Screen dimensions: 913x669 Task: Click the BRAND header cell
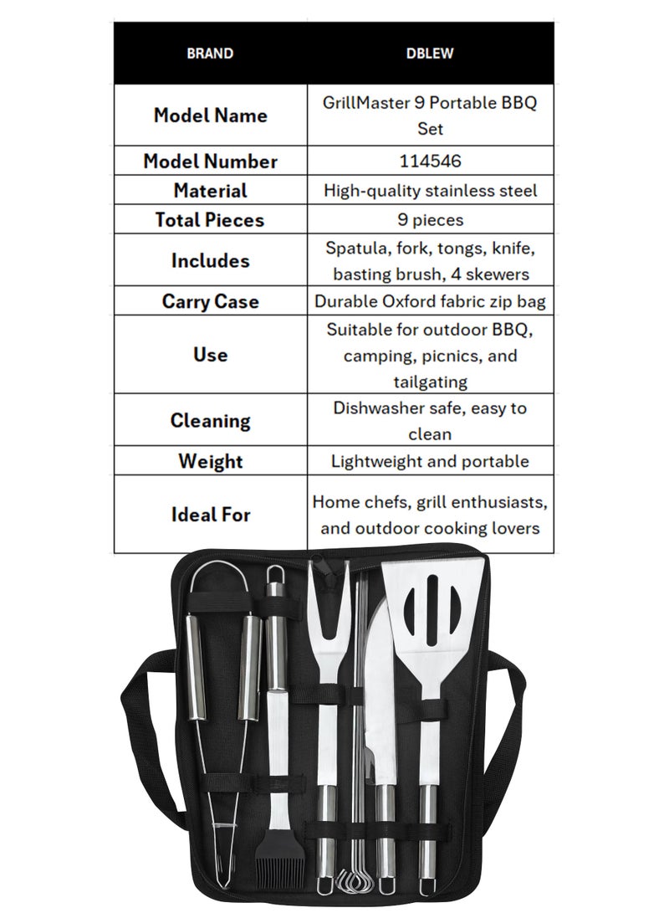[210, 54]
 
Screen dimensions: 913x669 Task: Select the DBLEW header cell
[430, 54]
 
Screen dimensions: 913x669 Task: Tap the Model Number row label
[210, 161]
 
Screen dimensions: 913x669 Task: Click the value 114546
[430, 161]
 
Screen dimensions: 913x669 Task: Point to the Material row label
[210, 190]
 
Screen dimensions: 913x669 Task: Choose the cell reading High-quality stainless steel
[430, 190]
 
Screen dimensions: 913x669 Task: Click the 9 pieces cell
[430, 219]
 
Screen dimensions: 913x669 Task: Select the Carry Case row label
[210, 300]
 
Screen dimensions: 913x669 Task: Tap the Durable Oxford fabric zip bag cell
[430, 300]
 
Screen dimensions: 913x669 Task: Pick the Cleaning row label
[210, 420]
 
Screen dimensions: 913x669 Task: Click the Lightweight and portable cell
[430, 461]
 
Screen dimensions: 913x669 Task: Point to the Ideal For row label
[210, 514]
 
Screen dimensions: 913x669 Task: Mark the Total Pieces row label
[210, 219]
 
